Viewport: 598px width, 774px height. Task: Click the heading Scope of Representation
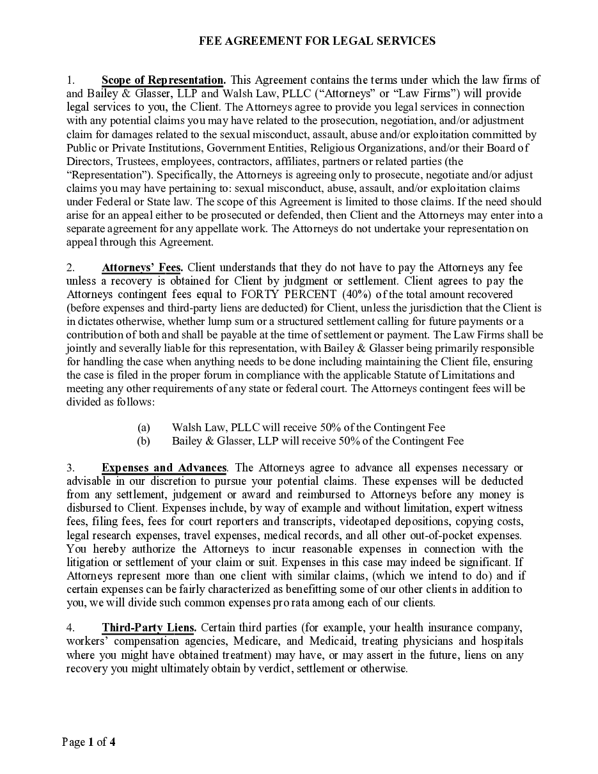coord(163,81)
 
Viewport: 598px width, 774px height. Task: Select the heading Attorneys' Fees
coord(142,267)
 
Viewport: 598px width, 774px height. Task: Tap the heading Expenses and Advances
coord(164,468)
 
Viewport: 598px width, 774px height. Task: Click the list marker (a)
coord(144,427)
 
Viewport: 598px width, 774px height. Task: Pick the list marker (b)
coord(144,441)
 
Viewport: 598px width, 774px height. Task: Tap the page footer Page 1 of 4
coord(89,742)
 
